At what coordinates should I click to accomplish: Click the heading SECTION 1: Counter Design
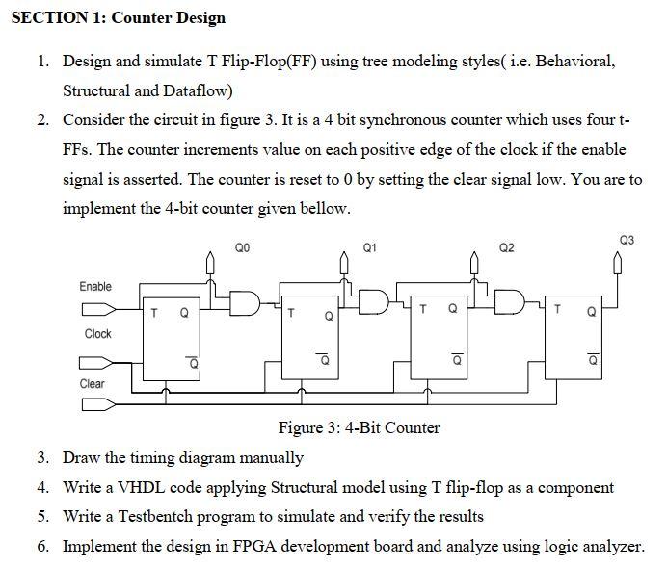tap(118, 17)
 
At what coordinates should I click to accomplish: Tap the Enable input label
tap(95, 286)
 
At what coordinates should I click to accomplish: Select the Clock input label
tap(97, 334)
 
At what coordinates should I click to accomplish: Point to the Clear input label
tap(93, 383)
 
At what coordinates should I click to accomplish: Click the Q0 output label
tap(242, 247)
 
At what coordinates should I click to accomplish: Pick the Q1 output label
tap(370, 247)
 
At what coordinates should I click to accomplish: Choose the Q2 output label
tap(507, 247)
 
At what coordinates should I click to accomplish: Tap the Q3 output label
tap(627, 239)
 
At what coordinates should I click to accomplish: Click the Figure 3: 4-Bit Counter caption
tap(359, 427)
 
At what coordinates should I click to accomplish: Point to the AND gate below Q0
tap(246, 302)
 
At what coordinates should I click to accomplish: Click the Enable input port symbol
tap(96, 310)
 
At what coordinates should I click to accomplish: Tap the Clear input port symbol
tap(96, 405)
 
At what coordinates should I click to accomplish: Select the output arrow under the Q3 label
tap(617, 263)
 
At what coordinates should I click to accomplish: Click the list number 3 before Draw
tap(43, 457)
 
